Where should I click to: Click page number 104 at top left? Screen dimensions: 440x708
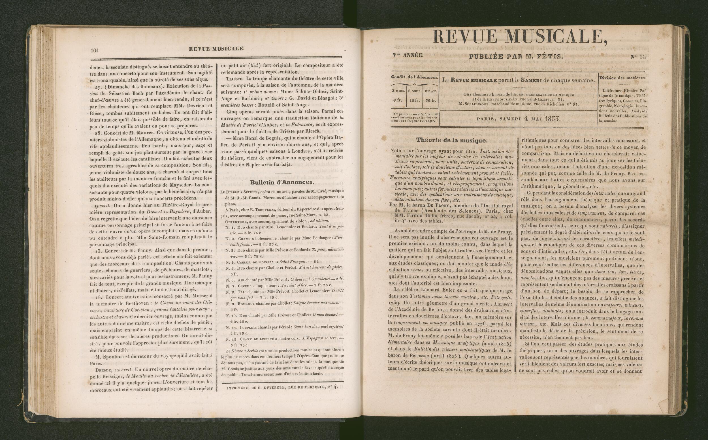coord(95,50)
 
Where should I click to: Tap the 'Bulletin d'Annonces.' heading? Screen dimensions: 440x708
coord(282,182)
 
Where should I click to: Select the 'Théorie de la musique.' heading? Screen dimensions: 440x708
coord(451,140)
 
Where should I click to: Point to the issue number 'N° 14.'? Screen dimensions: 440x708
coord(638,57)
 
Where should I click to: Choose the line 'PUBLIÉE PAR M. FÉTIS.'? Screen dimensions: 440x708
coord(516,56)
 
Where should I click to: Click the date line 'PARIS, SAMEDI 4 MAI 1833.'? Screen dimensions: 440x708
coord(518,119)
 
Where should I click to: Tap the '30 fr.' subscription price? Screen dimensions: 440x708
coord(431,100)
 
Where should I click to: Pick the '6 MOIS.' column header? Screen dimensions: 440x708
coord(414,91)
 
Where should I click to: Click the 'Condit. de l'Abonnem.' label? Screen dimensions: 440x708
coord(414,77)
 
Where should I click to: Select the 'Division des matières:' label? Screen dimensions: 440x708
coord(622,78)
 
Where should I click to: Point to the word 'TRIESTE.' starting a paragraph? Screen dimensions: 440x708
coord(235,79)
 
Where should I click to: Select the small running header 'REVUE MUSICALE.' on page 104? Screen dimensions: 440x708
coord(216,49)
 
